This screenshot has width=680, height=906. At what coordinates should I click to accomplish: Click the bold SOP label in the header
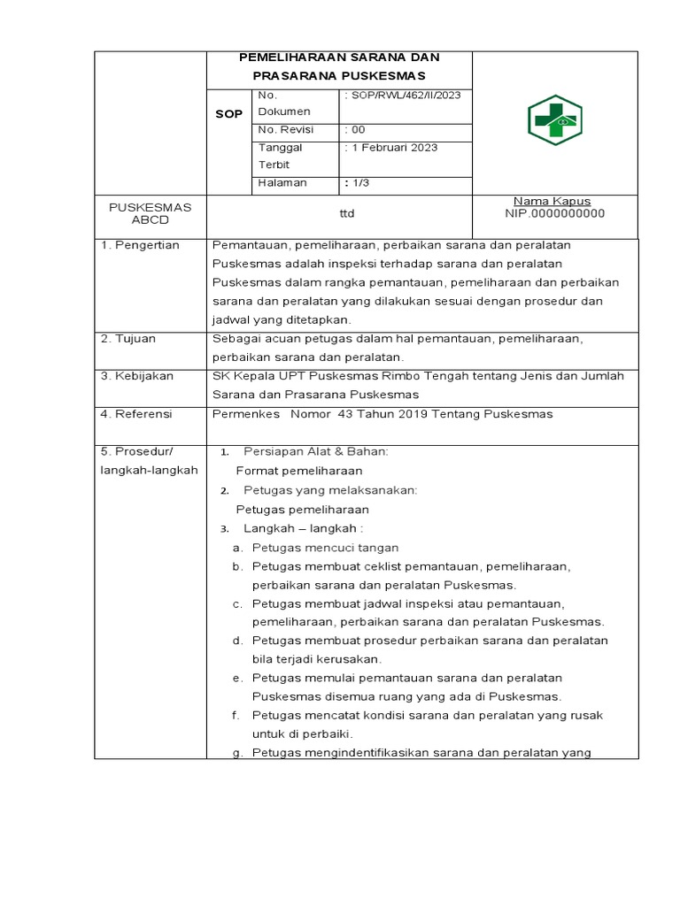point(228,114)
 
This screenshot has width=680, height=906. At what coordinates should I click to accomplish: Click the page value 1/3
point(359,183)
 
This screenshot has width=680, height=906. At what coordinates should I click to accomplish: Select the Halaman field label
point(282,183)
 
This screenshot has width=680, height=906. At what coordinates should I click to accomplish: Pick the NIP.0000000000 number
point(554,213)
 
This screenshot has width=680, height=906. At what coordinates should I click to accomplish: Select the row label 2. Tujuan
point(129,339)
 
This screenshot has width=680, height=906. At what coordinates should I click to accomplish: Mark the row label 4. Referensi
point(136,413)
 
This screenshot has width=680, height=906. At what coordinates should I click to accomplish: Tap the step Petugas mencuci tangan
point(325,548)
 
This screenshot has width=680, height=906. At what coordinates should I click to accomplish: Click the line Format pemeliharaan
point(299,471)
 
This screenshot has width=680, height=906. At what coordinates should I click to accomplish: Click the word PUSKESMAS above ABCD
point(150,207)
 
